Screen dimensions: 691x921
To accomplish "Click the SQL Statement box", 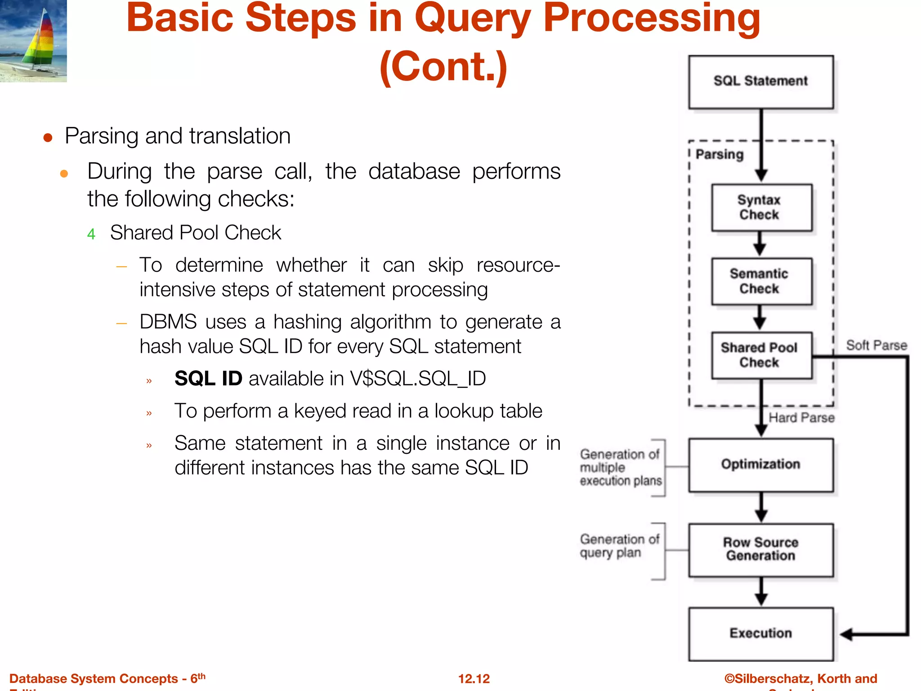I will point(760,81).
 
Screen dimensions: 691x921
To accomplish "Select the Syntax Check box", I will point(761,207).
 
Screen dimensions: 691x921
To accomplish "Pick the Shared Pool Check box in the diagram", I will point(761,355).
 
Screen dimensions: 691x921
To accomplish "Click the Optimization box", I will point(760,465).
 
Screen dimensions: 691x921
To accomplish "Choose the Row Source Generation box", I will point(760,549).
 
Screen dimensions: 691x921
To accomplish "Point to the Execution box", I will point(760,633).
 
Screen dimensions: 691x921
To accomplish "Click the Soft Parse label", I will point(876,345).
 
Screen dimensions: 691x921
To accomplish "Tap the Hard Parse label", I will point(801,418).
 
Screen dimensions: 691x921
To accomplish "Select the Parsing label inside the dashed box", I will point(720,154).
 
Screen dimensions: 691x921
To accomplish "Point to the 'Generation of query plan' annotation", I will point(619,546).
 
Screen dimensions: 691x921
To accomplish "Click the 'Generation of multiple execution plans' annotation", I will point(620,467).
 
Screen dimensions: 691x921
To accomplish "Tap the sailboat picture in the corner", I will point(33,40).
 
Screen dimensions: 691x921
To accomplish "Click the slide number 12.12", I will point(474,678).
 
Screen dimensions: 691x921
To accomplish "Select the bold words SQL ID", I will point(208,378).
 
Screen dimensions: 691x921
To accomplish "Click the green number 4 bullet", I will point(91,234).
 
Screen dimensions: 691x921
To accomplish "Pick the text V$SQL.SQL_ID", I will point(418,378).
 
